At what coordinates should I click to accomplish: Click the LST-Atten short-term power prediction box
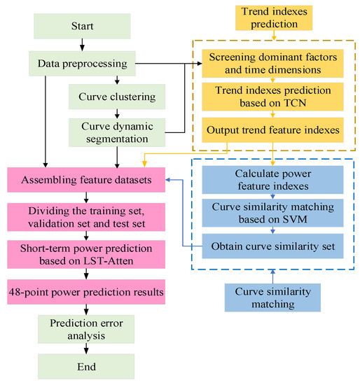coord(86,253)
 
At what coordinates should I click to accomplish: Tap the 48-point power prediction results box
coord(86,289)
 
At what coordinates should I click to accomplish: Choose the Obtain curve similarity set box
coord(272,246)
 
